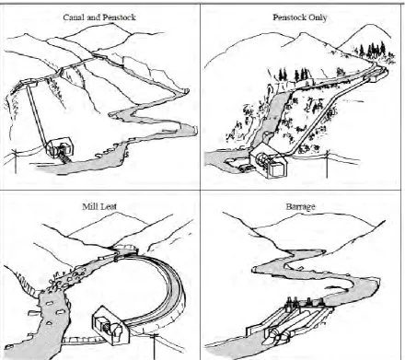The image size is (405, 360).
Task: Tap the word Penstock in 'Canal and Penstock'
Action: pyautogui.click(x=119, y=17)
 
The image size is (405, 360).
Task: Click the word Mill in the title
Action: pyautogui.click(x=88, y=206)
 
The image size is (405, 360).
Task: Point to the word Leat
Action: pyautogui.click(x=107, y=206)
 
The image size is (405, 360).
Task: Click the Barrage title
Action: pyautogui.click(x=300, y=206)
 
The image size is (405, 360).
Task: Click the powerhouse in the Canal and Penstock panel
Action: pyautogui.click(x=60, y=147)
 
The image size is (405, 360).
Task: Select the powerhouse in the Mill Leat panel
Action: pyautogui.click(x=111, y=325)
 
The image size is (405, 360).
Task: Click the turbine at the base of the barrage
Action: pyautogui.click(x=278, y=337)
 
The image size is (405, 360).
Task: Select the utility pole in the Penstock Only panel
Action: pyautogui.click(x=327, y=164)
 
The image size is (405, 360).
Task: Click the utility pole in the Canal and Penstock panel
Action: pyautogui.click(x=16, y=162)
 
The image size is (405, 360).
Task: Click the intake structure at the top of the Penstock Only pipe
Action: pyautogui.click(x=376, y=75)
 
